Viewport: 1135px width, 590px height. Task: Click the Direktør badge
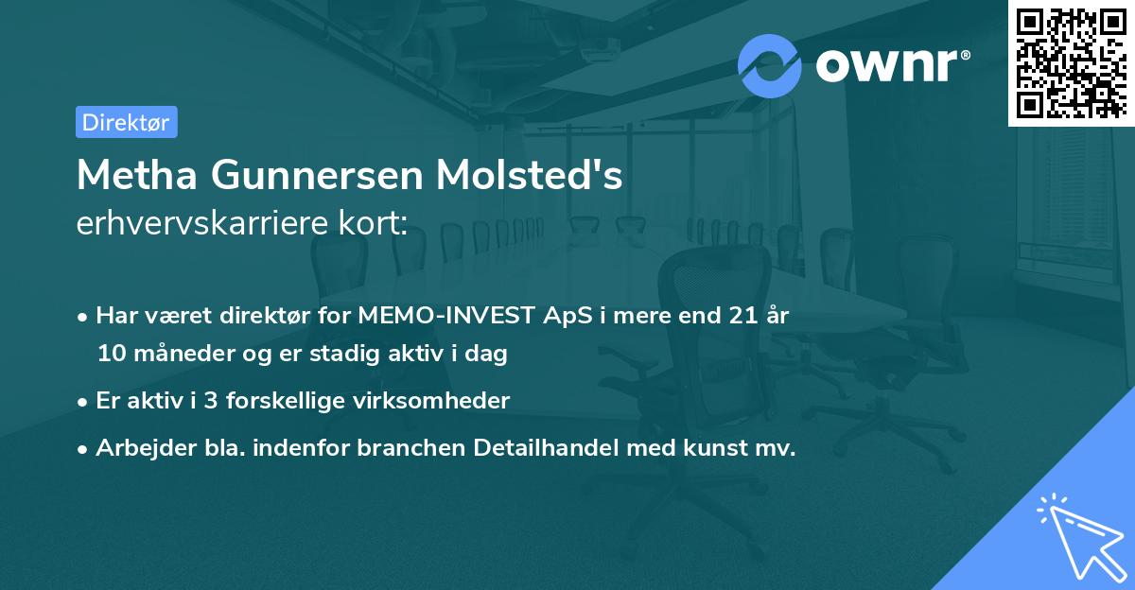(x=126, y=122)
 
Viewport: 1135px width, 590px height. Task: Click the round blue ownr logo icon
(x=770, y=65)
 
